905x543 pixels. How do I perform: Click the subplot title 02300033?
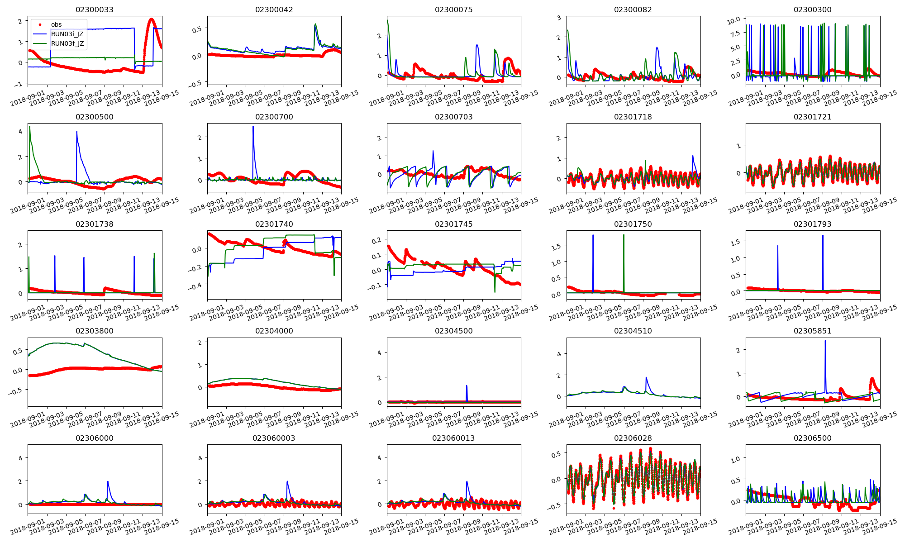coord(95,10)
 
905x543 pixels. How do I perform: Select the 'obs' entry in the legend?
coord(56,24)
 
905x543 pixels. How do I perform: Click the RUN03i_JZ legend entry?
coord(67,34)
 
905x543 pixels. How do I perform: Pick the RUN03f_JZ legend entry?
coord(67,43)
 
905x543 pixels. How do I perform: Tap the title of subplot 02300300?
coord(812,10)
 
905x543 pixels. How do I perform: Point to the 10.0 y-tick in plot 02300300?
coord(734,19)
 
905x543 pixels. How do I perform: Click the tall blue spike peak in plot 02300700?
coord(253,127)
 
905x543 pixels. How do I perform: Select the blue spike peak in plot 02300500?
coord(76,132)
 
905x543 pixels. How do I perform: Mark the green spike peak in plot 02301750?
coord(624,235)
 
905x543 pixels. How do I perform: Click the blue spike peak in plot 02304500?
coord(467,386)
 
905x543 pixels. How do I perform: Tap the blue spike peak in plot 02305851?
coord(825,341)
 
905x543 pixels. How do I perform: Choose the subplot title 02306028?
coord(633,438)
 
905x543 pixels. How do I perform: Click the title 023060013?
coord(453,438)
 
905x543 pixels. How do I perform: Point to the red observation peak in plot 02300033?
coord(151,19)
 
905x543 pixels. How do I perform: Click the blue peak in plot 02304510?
coord(646,377)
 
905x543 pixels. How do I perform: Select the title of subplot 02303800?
coord(95,331)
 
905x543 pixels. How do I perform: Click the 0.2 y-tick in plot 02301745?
coord(376,240)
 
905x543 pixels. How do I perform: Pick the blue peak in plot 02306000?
coord(108,481)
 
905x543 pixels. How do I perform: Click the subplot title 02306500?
coord(812,438)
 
